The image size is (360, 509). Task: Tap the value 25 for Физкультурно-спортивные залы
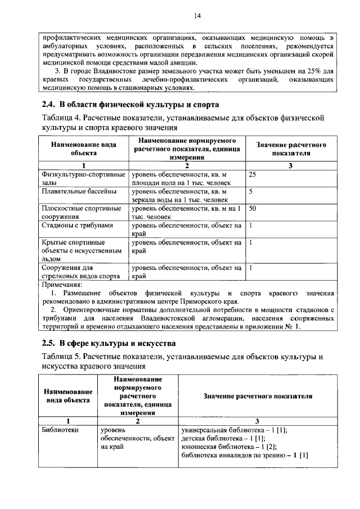[253, 175]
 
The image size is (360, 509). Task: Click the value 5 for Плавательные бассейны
[250, 192]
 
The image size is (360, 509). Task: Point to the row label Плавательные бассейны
[79, 192]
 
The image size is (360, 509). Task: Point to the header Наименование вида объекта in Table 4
[83, 148]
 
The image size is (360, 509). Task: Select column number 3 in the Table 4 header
[291, 166]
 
